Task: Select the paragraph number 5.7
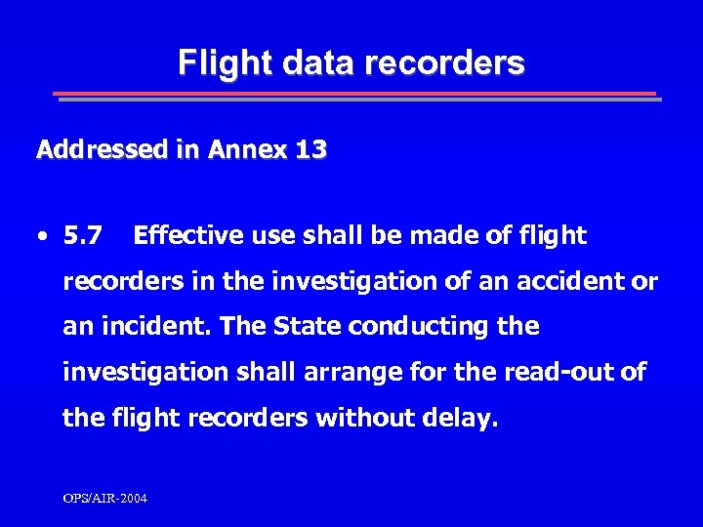pyautogui.click(x=82, y=235)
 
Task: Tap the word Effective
pyautogui.click(x=188, y=235)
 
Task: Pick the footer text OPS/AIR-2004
pyautogui.click(x=105, y=499)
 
